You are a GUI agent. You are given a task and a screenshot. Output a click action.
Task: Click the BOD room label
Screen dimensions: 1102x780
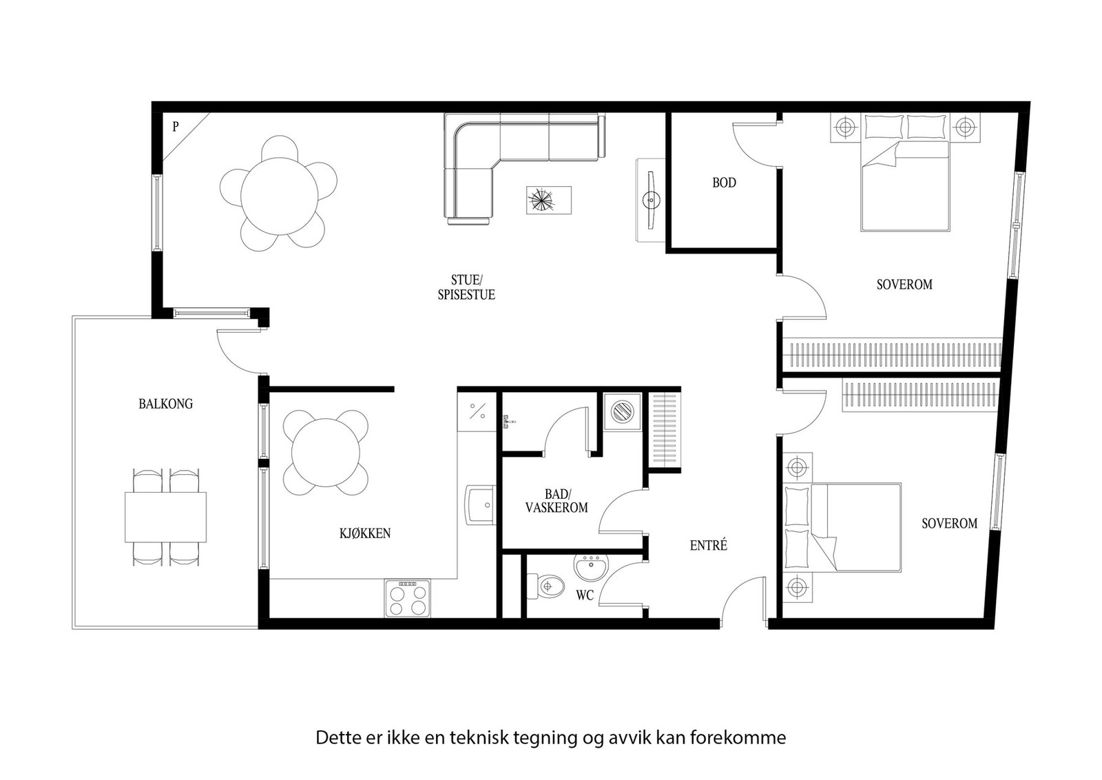pyautogui.click(x=724, y=183)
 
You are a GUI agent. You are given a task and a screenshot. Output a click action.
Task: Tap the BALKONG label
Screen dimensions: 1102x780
pyautogui.click(x=166, y=404)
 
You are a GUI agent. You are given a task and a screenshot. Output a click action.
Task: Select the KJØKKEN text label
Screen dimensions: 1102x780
pyautogui.click(x=365, y=533)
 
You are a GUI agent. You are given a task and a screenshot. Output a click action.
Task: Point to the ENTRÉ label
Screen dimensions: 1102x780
pyautogui.click(x=709, y=545)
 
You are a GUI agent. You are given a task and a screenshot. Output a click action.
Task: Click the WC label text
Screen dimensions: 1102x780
pyautogui.click(x=585, y=595)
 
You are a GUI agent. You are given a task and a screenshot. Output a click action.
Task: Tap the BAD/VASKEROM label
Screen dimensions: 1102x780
pyautogui.click(x=557, y=501)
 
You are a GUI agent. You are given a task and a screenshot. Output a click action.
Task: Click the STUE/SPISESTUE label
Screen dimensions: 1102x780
pyautogui.click(x=466, y=287)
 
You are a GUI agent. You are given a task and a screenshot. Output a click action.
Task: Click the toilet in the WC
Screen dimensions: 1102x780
pyautogui.click(x=545, y=586)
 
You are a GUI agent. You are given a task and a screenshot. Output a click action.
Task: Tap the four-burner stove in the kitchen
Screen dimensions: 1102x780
pyautogui.click(x=407, y=598)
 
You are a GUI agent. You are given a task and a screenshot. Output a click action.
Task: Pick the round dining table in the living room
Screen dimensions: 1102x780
pyautogui.click(x=280, y=196)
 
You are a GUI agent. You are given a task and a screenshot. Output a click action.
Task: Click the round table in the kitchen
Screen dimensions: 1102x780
pyautogui.click(x=326, y=452)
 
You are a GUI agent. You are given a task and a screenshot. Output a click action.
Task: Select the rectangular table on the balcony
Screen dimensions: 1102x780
pyautogui.click(x=165, y=517)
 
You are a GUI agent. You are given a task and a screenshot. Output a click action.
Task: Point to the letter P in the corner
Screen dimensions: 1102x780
pyautogui.click(x=176, y=127)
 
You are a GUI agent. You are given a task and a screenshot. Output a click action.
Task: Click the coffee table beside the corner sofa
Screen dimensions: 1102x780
pyautogui.click(x=549, y=201)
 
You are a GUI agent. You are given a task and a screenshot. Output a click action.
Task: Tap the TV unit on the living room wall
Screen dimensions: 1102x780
pyautogui.click(x=650, y=200)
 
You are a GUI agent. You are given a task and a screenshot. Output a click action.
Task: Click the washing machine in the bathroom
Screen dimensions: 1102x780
pyautogui.click(x=623, y=411)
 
